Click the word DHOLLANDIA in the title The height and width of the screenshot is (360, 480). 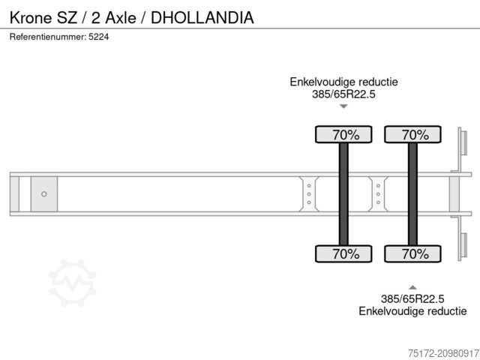click(x=202, y=17)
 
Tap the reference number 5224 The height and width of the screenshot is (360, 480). click(x=99, y=37)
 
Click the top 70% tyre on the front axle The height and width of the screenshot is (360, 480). click(x=343, y=135)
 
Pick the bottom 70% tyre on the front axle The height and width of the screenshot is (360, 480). click(x=343, y=254)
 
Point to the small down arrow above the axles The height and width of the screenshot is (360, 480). click(x=343, y=106)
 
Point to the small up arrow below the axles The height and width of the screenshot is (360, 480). click(x=412, y=286)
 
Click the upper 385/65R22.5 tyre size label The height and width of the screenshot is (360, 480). click(x=343, y=94)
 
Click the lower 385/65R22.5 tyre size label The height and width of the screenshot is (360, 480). click(x=412, y=298)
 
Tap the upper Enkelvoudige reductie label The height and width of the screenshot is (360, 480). click(x=343, y=82)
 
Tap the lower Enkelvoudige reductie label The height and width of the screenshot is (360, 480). click(x=412, y=310)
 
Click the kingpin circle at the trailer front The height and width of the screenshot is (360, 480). click(x=44, y=194)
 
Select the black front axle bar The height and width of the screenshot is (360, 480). click(x=343, y=193)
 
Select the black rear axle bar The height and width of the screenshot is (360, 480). click(x=412, y=193)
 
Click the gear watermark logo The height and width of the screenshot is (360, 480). click(x=72, y=283)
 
